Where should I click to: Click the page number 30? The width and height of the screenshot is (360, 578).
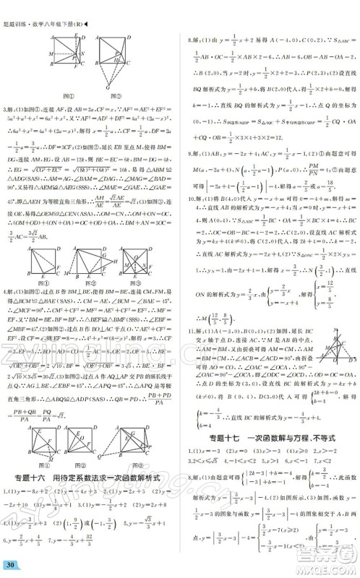click(x=10, y=564)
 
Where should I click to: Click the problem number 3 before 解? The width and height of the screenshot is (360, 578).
click(x=6, y=108)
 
